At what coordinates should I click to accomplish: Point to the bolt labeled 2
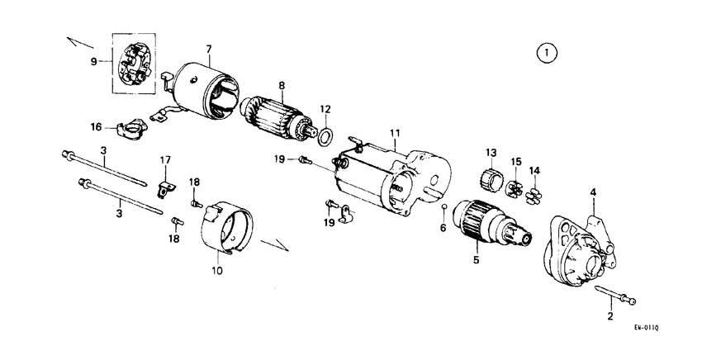pos(620,296)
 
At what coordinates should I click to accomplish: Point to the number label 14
pos(534,171)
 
